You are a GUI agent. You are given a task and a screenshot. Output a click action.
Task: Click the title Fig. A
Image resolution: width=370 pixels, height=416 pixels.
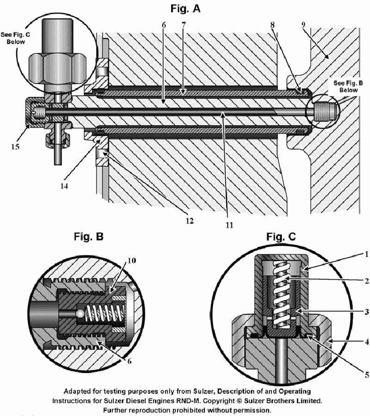click(x=185, y=9)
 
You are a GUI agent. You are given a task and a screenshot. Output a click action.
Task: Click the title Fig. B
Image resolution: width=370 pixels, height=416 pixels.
click(x=89, y=236)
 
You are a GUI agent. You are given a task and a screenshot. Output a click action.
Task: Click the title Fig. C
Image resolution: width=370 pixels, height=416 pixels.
click(x=281, y=236)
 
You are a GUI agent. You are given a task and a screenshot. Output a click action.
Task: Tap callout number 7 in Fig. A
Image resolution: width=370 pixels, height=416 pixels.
click(x=184, y=25)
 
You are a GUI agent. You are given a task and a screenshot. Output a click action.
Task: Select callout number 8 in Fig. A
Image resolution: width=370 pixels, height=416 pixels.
click(x=272, y=25)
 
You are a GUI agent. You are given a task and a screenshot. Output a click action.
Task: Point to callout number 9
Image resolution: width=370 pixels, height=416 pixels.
click(x=303, y=24)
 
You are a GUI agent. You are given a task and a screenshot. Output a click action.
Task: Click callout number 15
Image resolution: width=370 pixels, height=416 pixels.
click(x=15, y=147)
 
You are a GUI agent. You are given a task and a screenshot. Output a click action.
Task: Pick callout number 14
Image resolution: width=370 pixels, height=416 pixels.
click(x=64, y=186)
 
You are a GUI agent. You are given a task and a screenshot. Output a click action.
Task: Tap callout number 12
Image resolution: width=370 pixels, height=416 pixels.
click(x=190, y=221)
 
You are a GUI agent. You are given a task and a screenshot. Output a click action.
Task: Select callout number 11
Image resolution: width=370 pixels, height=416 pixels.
click(x=229, y=225)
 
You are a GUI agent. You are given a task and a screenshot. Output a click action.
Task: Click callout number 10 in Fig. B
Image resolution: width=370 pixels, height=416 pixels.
click(x=132, y=261)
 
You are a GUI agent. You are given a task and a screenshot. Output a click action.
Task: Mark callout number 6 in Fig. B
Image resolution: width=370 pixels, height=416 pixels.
click(x=129, y=361)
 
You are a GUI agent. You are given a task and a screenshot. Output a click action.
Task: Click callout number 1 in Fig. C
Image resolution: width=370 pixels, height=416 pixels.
click(x=367, y=254)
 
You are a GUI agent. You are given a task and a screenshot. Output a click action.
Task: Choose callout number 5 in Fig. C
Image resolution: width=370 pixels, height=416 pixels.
click(x=367, y=374)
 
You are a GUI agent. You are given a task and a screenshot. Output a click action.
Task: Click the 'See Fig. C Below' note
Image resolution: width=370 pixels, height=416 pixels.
click(x=15, y=38)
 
